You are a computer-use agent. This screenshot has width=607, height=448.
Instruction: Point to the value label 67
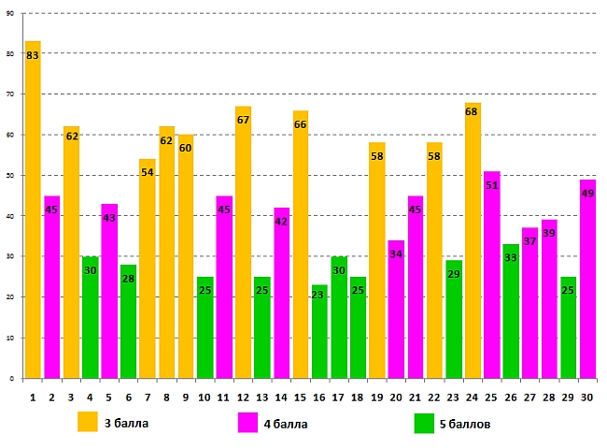coord(243,120)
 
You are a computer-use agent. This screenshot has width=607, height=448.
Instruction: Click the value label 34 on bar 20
coord(396,254)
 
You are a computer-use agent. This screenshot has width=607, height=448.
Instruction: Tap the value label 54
coord(148,173)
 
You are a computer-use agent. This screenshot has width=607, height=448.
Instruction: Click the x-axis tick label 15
coord(300,397)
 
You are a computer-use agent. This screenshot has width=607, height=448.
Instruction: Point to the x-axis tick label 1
coord(33,397)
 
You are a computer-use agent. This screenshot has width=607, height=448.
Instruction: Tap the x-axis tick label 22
coord(434,397)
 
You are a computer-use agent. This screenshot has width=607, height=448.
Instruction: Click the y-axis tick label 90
coord(9,13)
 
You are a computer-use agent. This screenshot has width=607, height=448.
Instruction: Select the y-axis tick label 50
coord(9,175)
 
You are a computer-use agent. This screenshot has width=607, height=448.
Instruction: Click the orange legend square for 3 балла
coord(88,422)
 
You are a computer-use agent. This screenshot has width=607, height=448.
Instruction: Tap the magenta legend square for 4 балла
coord(248,423)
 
